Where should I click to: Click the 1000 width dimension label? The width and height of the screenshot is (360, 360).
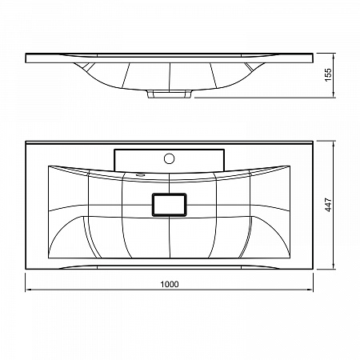(x=170, y=284)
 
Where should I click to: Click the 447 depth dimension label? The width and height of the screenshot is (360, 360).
(x=328, y=205)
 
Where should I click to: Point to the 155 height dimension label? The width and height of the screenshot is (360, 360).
(x=328, y=75)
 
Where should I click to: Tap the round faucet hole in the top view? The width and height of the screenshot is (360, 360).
(x=169, y=158)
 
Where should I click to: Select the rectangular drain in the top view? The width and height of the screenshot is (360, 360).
(x=169, y=205)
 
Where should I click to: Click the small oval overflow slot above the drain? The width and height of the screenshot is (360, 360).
(x=140, y=175)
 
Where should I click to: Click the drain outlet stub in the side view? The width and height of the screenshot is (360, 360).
(x=170, y=94)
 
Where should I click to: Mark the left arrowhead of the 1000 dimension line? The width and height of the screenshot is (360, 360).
(x=27, y=290)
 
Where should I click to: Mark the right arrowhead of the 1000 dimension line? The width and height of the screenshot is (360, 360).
(x=310, y=290)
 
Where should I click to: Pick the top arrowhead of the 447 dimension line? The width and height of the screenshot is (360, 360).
(x=334, y=144)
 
